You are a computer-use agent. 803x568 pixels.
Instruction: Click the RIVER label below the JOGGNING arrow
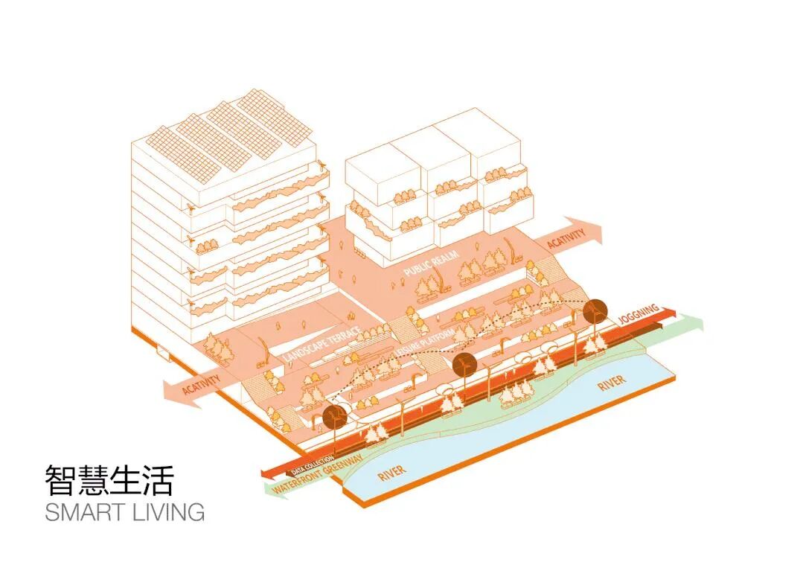pyautogui.click(x=611, y=385)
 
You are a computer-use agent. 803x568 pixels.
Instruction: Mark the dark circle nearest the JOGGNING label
pyautogui.click(x=596, y=312)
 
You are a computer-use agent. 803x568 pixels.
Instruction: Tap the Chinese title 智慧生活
pyautogui.click(x=108, y=481)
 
